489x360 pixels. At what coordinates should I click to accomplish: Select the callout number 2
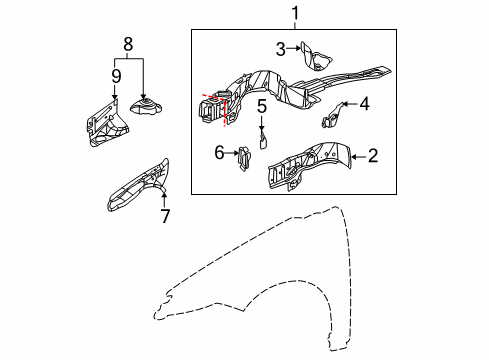click(x=372, y=154)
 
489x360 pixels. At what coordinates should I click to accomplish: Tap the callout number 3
click(x=282, y=47)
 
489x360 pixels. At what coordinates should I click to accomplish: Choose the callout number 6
click(x=219, y=153)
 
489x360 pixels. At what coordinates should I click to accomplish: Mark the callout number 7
click(x=165, y=215)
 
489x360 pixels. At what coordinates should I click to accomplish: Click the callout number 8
click(x=126, y=44)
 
